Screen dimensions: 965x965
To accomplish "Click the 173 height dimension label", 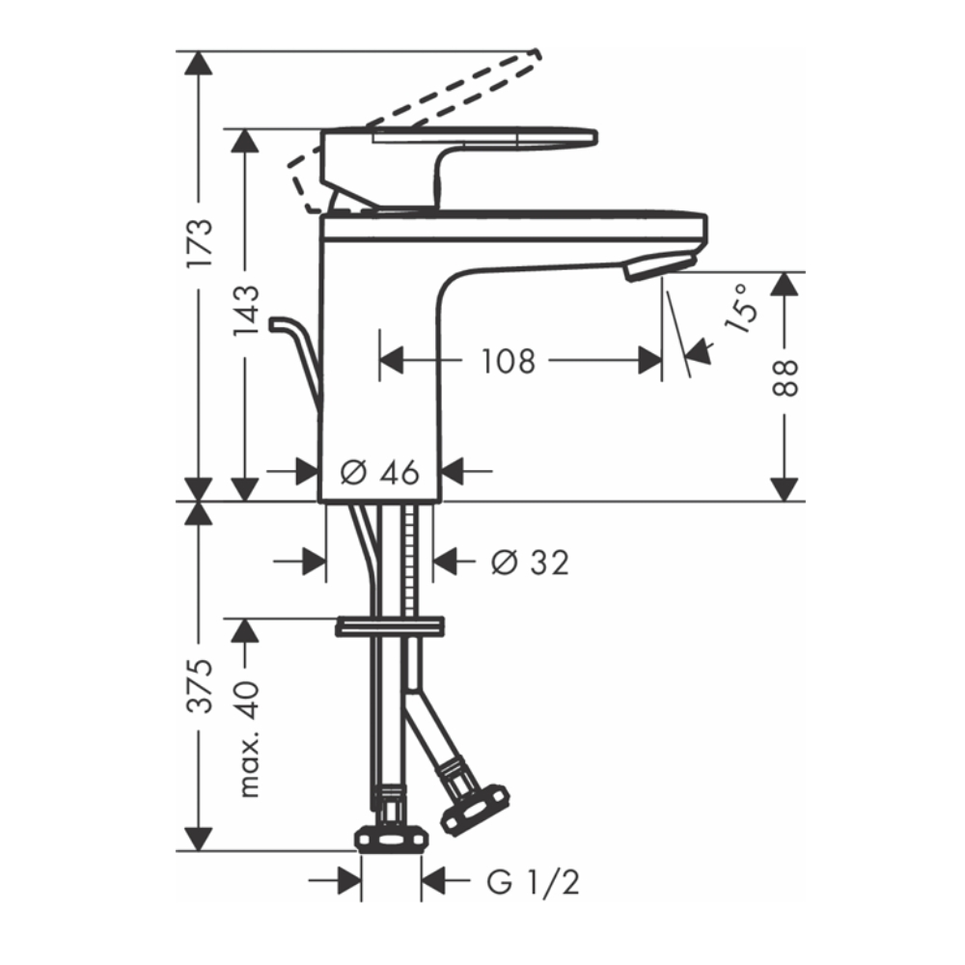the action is (x=200, y=242).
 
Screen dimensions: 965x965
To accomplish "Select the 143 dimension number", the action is (x=245, y=311).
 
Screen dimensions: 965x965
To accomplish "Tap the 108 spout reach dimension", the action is (x=509, y=361).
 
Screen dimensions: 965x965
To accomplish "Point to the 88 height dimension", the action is (x=785, y=378).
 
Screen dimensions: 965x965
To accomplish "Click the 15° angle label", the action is (x=740, y=309).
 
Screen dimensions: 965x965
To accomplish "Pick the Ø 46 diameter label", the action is (x=379, y=473).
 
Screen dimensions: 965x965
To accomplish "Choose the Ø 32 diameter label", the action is (x=530, y=563).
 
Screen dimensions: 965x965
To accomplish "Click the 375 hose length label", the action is (x=200, y=685).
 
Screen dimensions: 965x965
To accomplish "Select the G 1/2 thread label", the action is (x=534, y=883).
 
